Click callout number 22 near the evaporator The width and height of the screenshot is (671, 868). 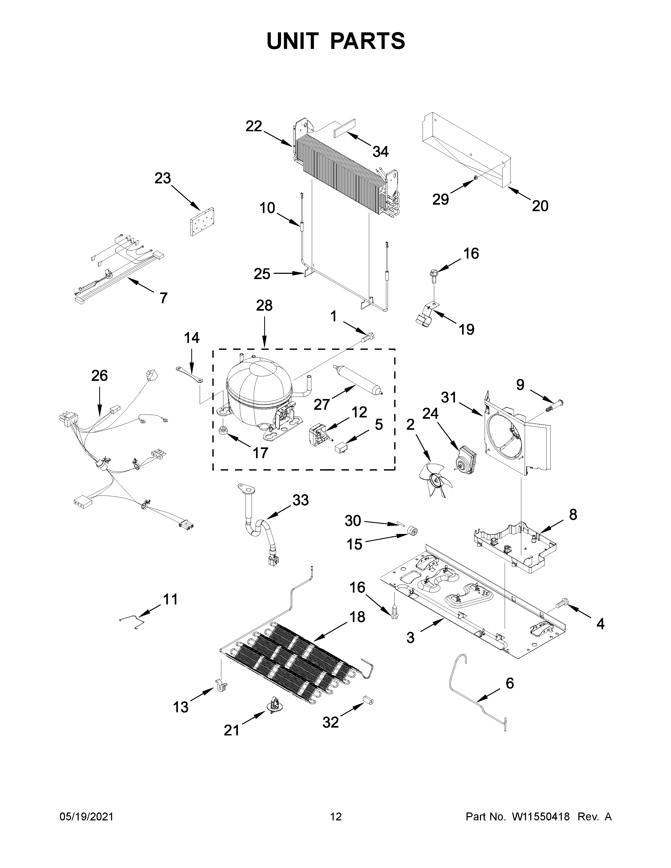click(x=254, y=126)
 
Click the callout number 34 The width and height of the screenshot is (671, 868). click(x=380, y=152)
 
